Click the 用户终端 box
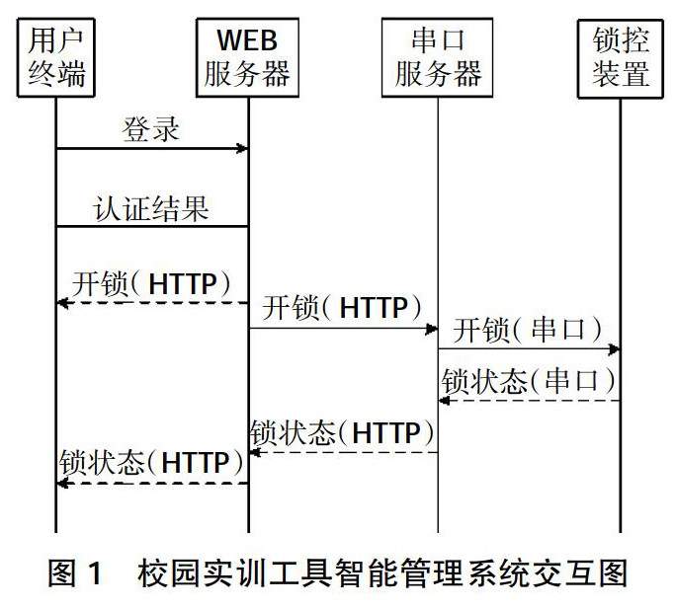56,58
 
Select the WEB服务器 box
247,58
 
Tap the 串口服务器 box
438,58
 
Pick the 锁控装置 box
621,58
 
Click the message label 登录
151,128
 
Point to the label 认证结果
151,207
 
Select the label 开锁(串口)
529,329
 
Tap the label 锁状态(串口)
529,381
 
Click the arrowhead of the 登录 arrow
242,149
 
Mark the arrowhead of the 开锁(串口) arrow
615,348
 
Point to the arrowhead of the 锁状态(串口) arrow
445,400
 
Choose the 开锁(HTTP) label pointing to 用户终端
151,283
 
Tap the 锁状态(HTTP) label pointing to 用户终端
151,462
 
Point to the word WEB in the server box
247,41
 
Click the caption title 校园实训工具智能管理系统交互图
383,573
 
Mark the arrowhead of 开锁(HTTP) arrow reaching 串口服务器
432,328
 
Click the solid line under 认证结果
151,226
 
